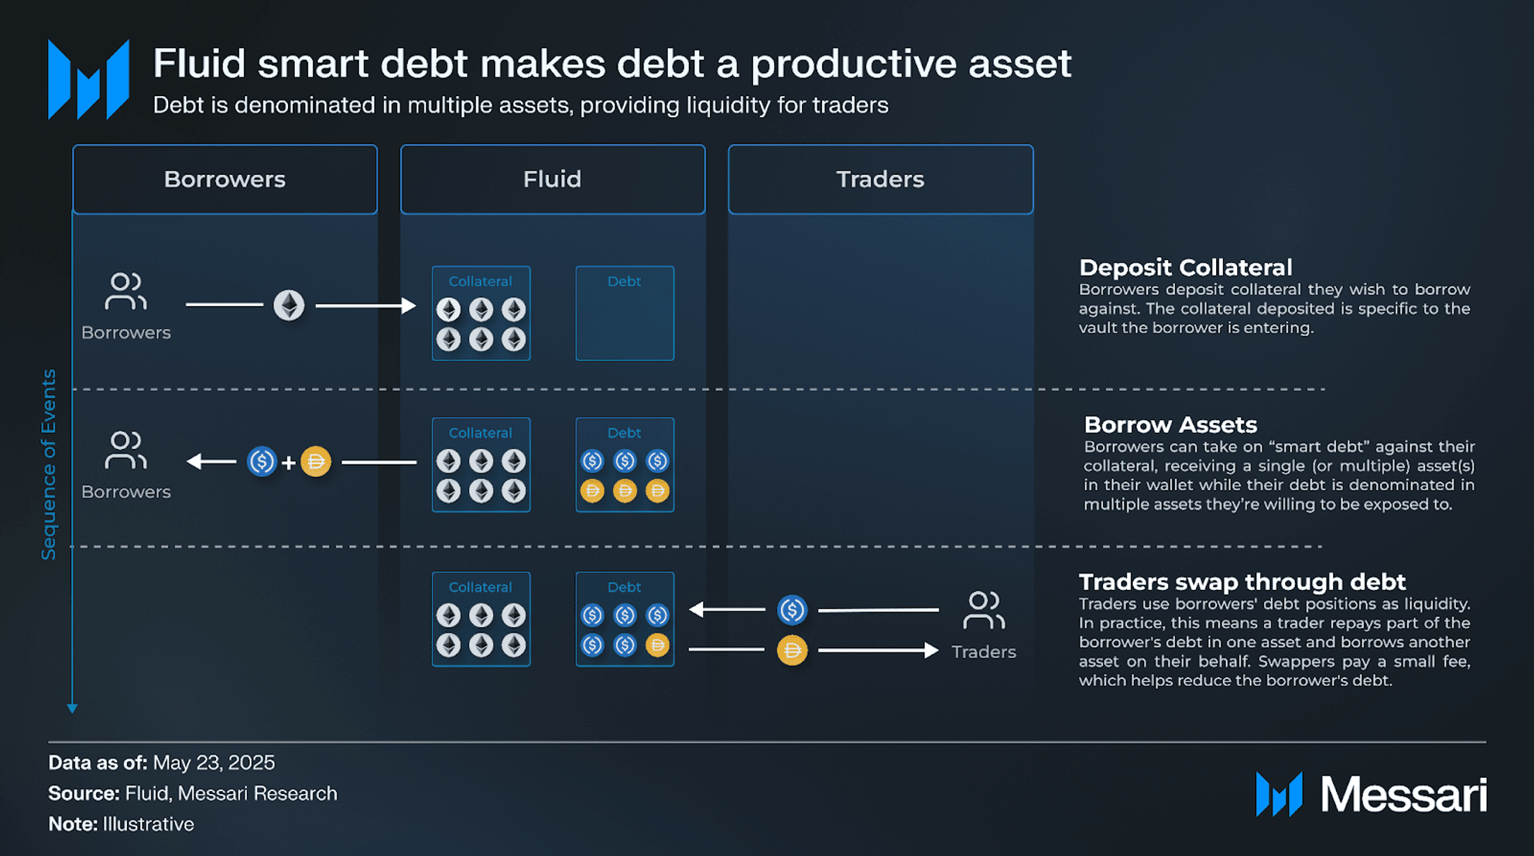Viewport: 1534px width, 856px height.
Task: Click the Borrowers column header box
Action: click(x=225, y=179)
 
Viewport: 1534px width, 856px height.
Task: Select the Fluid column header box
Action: click(x=553, y=179)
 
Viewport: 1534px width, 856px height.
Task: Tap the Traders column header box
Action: click(x=881, y=179)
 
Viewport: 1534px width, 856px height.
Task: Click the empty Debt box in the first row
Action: click(x=625, y=313)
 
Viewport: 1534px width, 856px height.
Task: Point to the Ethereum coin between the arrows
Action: click(x=289, y=305)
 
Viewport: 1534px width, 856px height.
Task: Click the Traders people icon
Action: click(x=984, y=611)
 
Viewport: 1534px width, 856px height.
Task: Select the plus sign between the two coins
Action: click(x=289, y=462)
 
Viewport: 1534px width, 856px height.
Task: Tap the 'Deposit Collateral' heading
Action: click(x=1185, y=267)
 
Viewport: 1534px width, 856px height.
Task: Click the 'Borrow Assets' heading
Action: click(x=1171, y=425)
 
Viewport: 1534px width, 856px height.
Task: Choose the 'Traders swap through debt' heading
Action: click(x=1242, y=581)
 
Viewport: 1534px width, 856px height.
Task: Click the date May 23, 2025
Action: click(x=213, y=763)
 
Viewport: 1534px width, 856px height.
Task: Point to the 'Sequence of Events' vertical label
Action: click(x=48, y=464)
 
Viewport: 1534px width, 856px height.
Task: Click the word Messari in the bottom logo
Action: click(x=1404, y=794)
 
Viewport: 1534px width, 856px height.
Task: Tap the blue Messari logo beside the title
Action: click(x=89, y=79)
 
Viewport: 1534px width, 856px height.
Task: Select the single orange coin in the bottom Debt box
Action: click(x=657, y=645)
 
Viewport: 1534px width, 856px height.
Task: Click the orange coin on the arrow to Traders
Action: click(x=792, y=650)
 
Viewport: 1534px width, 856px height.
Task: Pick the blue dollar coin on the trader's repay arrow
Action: click(x=792, y=610)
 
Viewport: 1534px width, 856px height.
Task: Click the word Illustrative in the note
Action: click(x=148, y=824)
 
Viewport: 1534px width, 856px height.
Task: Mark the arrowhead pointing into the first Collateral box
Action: click(x=409, y=305)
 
